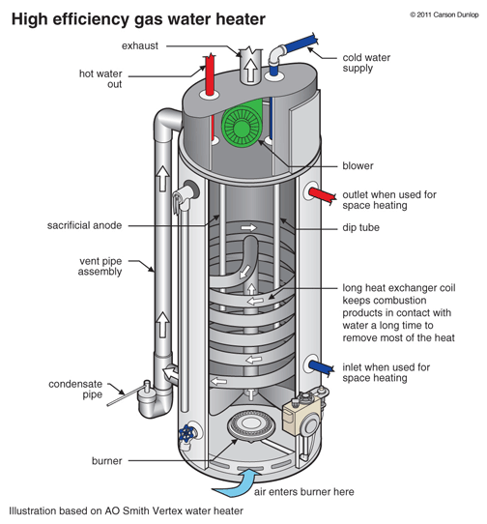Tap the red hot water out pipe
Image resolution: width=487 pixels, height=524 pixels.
(210, 74)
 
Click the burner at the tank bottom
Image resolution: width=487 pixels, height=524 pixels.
(250, 425)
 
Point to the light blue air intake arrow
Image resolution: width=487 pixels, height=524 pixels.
(238, 483)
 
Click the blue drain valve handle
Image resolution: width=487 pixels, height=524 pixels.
(186, 433)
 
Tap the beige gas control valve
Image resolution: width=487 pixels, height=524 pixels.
(302, 414)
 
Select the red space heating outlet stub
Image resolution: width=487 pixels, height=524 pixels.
(322, 195)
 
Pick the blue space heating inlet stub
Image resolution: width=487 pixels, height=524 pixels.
(321, 367)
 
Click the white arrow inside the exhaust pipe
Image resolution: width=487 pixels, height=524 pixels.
(249, 70)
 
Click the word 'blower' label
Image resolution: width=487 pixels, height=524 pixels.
(358, 165)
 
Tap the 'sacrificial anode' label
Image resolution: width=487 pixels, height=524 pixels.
(84, 225)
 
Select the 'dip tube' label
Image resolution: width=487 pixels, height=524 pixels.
(361, 227)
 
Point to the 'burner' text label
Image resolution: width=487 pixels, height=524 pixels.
(107, 461)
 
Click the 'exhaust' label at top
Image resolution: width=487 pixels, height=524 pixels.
(139, 45)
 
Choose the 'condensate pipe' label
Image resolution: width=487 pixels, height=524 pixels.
(75, 390)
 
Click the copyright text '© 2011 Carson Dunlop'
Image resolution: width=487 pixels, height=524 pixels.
(444, 15)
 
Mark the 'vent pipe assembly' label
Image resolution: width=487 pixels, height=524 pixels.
(100, 266)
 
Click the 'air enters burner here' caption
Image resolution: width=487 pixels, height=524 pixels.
(304, 492)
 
